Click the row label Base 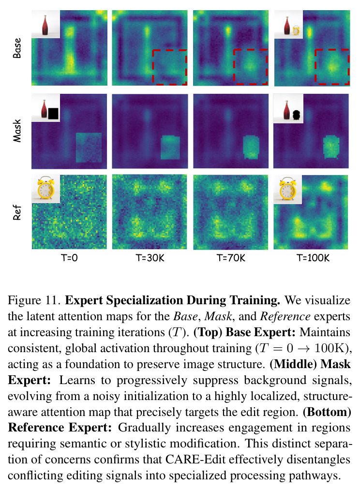click(x=17, y=48)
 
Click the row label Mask click(x=17, y=131)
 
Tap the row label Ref click(x=17, y=212)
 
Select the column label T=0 click(x=69, y=258)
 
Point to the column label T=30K click(x=150, y=258)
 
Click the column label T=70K click(x=231, y=258)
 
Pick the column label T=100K click(x=313, y=258)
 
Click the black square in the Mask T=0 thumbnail click(x=53, y=114)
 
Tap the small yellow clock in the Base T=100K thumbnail click(x=296, y=30)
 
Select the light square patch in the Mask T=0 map click(x=89, y=148)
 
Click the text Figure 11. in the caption click(x=34, y=300)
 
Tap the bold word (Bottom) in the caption click(x=327, y=412)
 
